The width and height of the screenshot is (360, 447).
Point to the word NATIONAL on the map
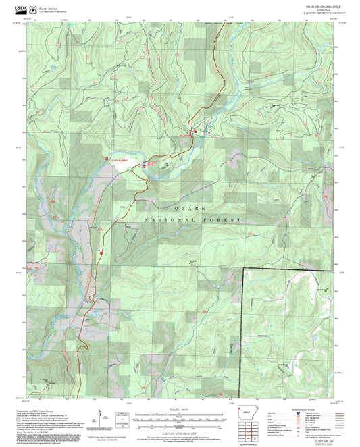coord(166,221)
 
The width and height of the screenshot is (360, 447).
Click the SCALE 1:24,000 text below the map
coord(180,409)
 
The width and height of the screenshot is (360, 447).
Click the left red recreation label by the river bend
coord(116,159)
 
